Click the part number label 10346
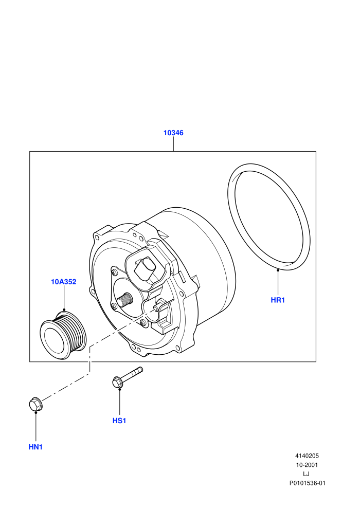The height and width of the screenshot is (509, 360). (173, 133)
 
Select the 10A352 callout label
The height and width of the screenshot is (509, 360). (64, 282)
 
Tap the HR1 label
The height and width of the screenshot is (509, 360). (278, 300)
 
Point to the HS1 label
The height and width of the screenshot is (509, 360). (119, 421)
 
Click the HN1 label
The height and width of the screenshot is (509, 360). (35, 447)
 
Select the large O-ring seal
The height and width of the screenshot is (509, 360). (269, 217)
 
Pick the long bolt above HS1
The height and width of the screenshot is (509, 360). (127, 377)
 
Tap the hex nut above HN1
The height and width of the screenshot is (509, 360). (35, 404)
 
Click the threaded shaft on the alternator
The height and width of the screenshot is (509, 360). (124, 300)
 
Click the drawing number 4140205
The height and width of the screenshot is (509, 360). (307, 456)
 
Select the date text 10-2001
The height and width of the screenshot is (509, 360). (307, 465)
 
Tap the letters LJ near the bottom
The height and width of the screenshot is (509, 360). (306, 474)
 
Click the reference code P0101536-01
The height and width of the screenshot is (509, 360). (308, 483)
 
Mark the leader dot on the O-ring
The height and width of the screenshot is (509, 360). (278, 269)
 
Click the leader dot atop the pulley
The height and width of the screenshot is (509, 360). (64, 310)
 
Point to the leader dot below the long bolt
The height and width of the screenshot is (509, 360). (119, 389)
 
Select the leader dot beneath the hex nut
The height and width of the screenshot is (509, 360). (35, 412)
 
